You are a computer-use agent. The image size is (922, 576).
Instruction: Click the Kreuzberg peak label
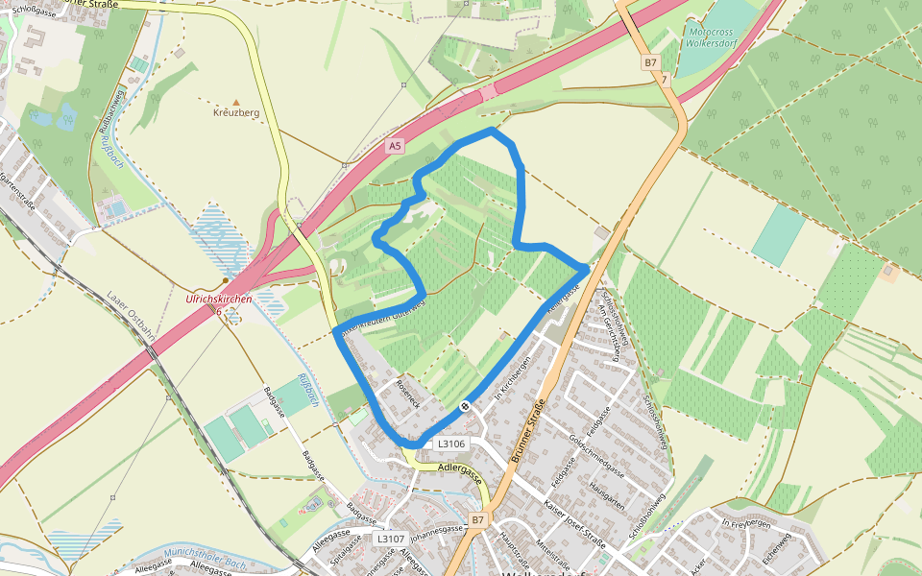click(x=236, y=113)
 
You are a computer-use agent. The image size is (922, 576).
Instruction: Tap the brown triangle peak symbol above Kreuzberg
click(x=236, y=100)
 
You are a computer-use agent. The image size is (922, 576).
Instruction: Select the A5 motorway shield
click(x=395, y=146)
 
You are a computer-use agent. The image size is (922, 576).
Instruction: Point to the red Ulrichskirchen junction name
click(x=218, y=300)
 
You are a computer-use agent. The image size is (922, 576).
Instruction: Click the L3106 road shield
click(x=451, y=444)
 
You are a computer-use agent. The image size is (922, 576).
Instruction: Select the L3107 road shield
click(x=390, y=539)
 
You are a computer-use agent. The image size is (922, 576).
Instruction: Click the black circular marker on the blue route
click(x=465, y=406)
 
